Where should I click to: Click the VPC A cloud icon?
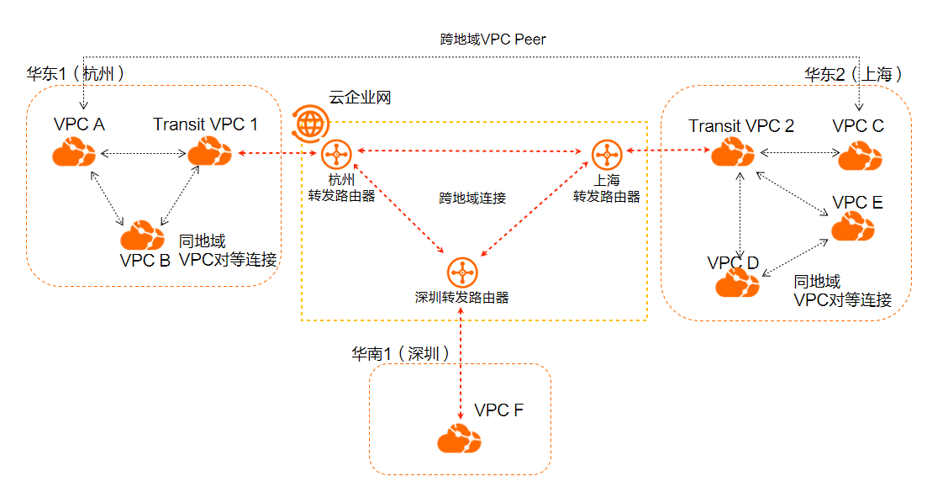(x=74, y=153)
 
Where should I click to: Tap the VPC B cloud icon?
(x=142, y=234)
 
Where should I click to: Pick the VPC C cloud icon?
(x=860, y=155)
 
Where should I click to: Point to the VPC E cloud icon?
(x=852, y=227)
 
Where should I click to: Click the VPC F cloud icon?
(x=459, y=438)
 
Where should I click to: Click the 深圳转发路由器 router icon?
(x=461, y=272)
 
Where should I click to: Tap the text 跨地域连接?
(x=472, y=198)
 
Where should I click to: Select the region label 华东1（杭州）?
(x=77, y=74)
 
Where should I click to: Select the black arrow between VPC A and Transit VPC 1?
(x=141, y=154)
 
